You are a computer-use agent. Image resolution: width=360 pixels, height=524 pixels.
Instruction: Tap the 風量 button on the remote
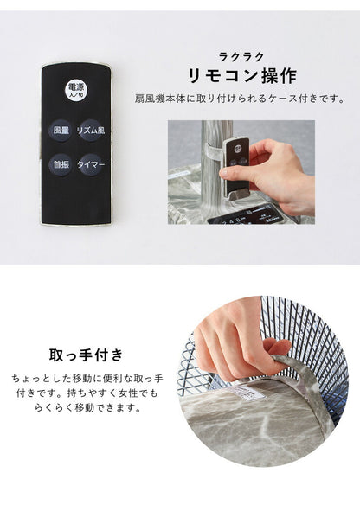pos(61,131)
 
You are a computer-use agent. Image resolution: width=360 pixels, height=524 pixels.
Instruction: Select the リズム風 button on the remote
pos(92,131)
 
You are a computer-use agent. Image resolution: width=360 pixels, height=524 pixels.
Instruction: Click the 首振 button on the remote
pos(61,164)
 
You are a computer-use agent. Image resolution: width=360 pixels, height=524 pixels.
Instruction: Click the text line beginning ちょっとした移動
pos(85,379)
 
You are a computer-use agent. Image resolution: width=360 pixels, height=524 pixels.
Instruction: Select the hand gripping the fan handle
pos(229,333)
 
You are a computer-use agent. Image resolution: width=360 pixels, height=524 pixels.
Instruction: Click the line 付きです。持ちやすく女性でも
pos(85,393)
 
